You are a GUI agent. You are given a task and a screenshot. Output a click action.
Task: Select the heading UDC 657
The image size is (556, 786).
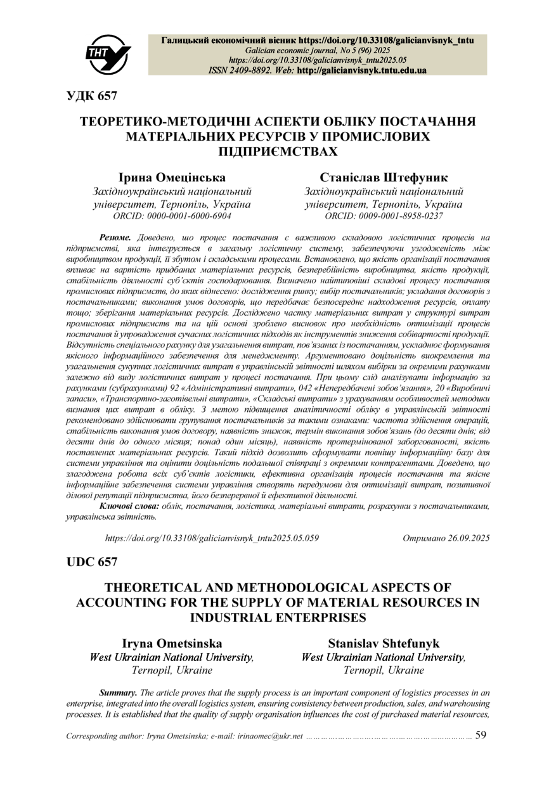(x=91, y=562)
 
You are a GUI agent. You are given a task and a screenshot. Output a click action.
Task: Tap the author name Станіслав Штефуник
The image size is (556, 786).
(x=384, y=177)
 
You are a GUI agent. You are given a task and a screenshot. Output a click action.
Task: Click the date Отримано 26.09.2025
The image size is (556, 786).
(x=446, y=538)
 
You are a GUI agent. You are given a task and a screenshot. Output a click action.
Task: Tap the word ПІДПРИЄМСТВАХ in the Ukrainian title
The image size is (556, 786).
(x=278, y=151)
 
